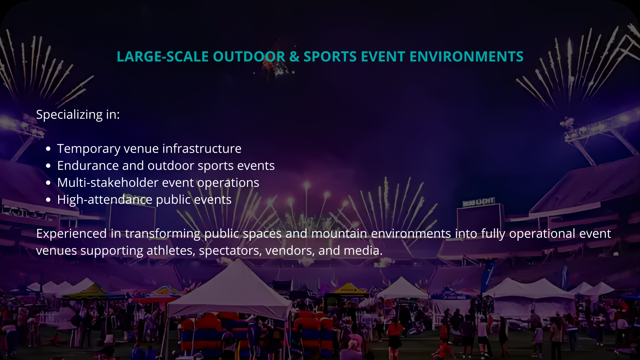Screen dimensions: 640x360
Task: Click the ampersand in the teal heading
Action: coord(294,57)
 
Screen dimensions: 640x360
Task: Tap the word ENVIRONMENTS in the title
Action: coord(467,57)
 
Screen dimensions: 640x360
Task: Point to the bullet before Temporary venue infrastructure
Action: coord(48,149)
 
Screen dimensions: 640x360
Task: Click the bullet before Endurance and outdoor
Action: coord(48,166)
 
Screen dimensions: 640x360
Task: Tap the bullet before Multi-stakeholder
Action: coord(48,183)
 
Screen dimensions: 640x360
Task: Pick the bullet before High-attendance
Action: coord(48,200)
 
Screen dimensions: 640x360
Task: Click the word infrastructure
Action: coord(202,148)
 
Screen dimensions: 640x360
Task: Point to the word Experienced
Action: coord(71,234)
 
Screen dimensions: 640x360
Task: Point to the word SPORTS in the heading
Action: coord(330,57)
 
